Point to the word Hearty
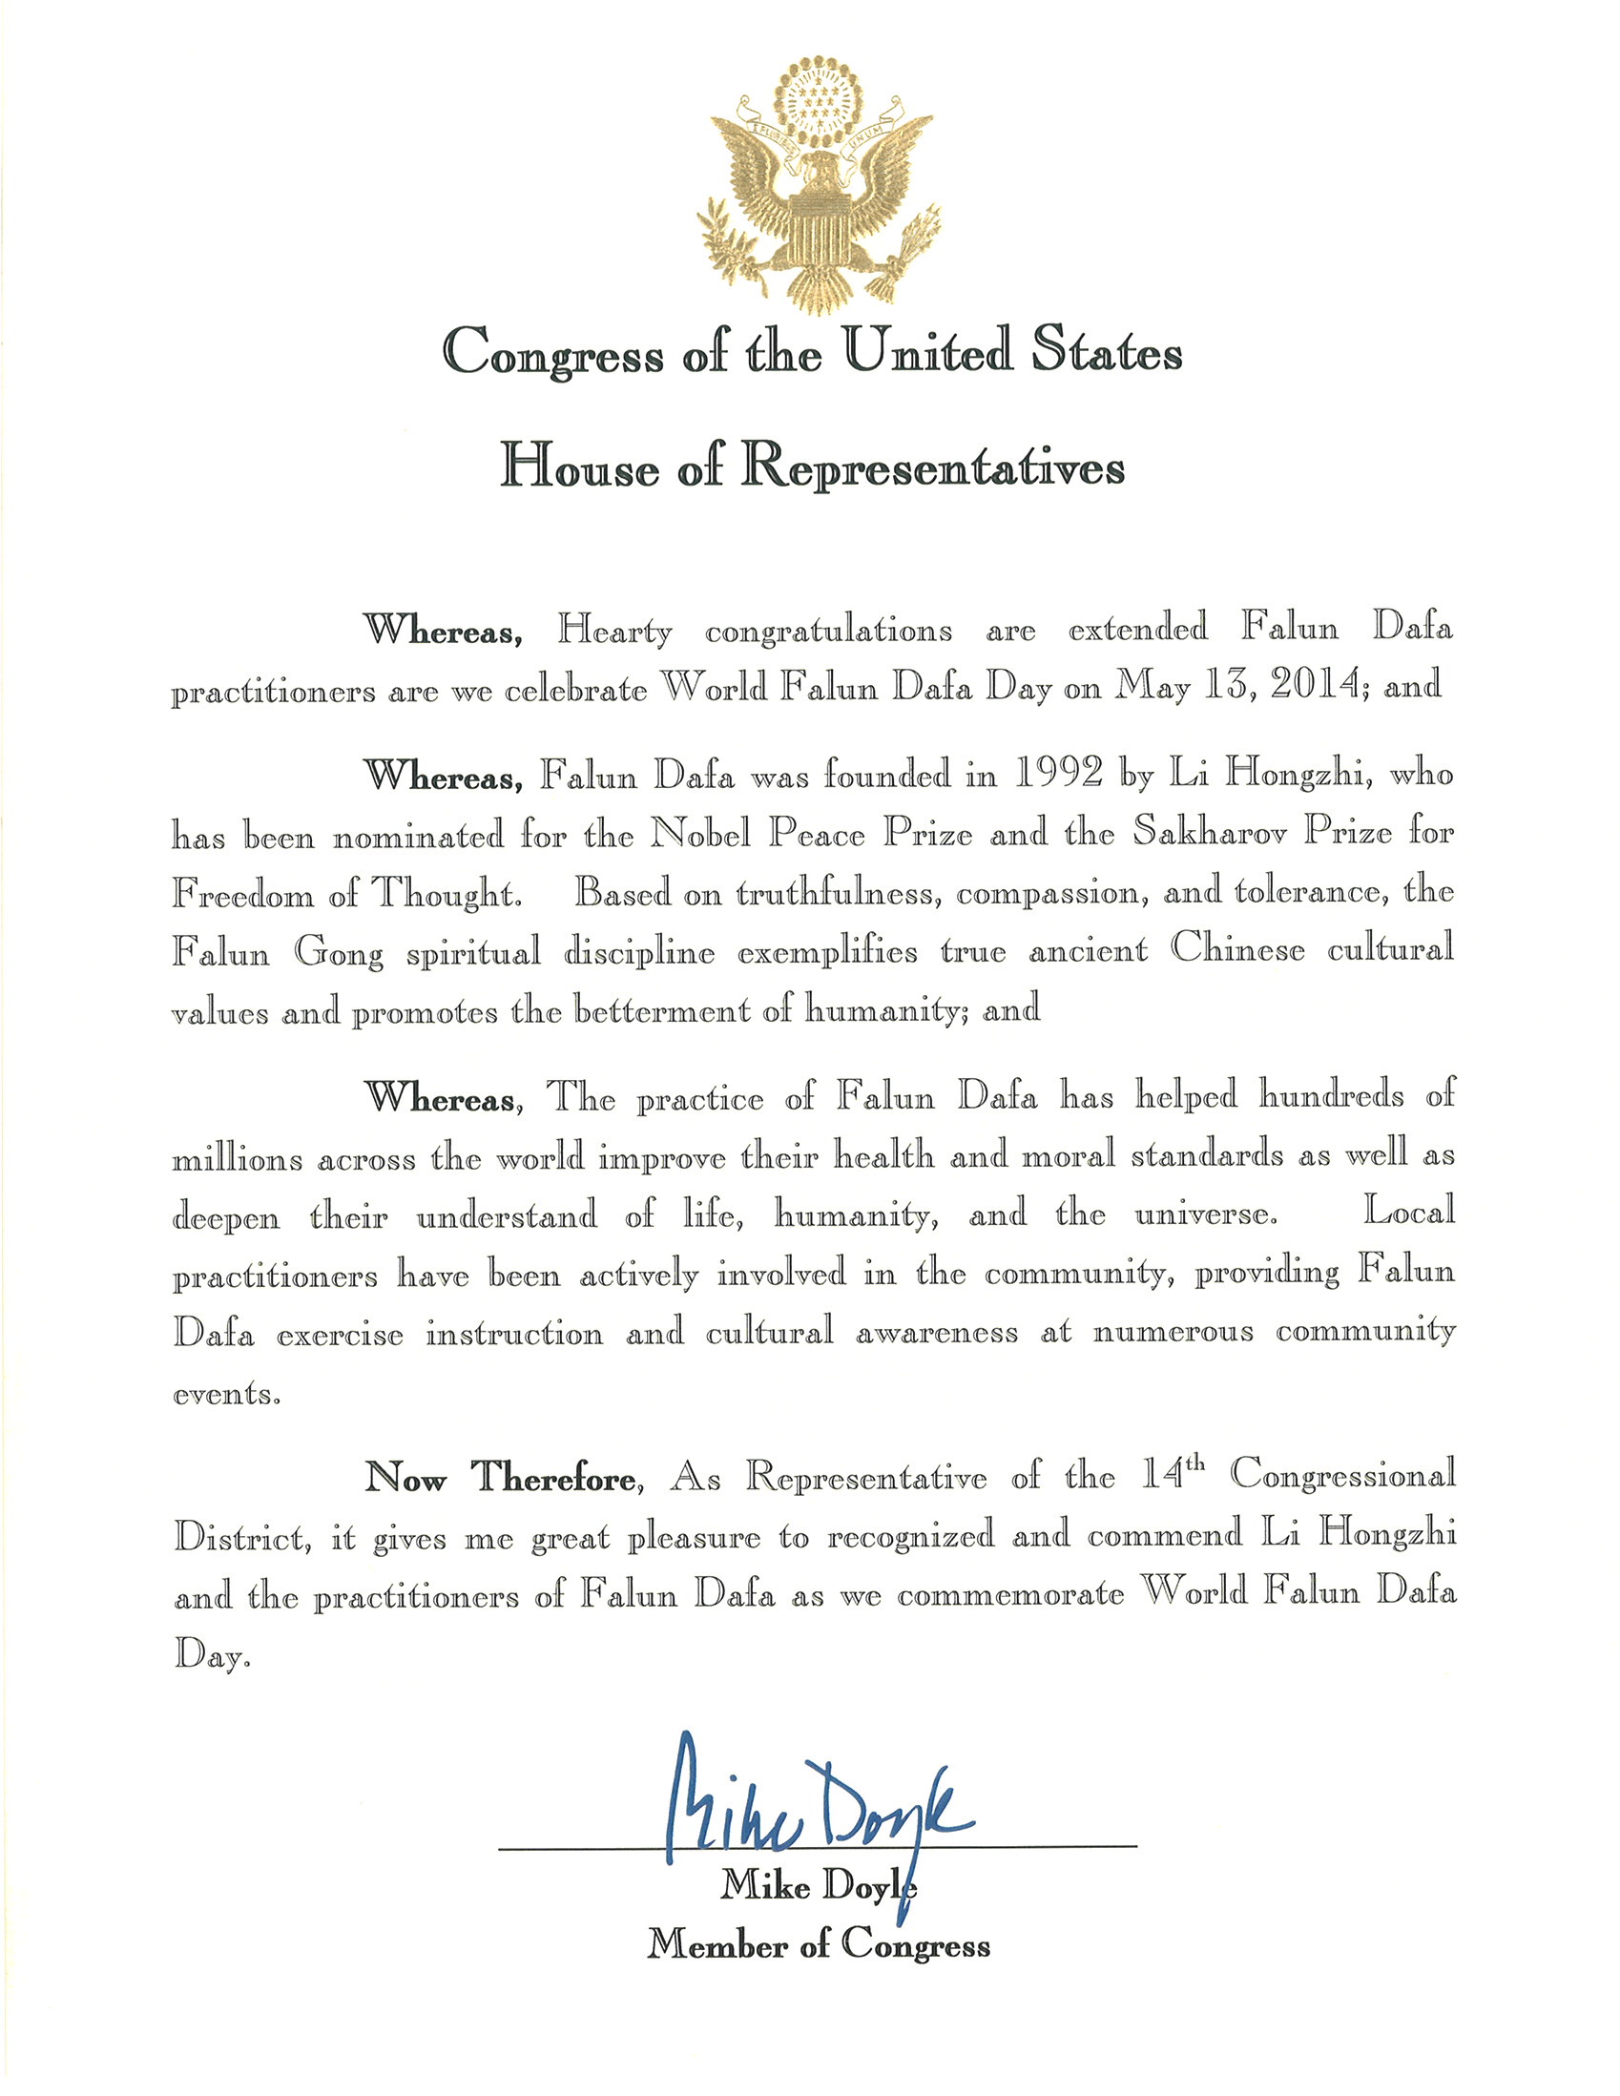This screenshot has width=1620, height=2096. [615, 632]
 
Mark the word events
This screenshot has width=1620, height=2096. [226, 1395]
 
